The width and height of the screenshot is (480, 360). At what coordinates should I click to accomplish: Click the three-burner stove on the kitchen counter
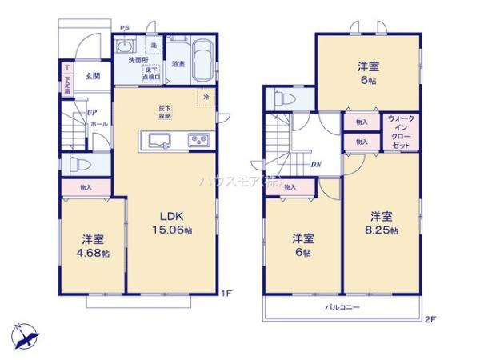point(199,142)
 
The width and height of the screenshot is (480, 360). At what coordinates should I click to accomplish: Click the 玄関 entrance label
point(92,76)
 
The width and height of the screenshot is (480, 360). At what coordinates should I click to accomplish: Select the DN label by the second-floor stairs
point(316,165)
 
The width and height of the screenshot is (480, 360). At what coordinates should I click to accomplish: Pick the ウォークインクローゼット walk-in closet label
point(400,134)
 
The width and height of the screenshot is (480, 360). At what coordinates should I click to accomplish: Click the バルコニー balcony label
point(342,306)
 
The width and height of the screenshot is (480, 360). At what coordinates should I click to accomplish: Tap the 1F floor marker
point(226,294)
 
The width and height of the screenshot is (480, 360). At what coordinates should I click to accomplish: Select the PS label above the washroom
point(124,30)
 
